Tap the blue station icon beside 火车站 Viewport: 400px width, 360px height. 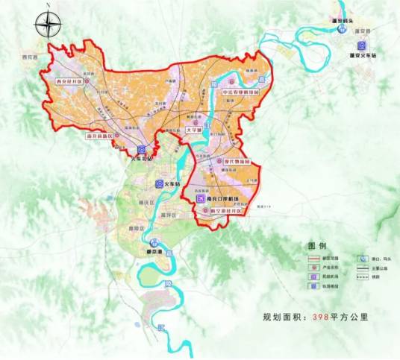pyautogui.click(x=159, y=183)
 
